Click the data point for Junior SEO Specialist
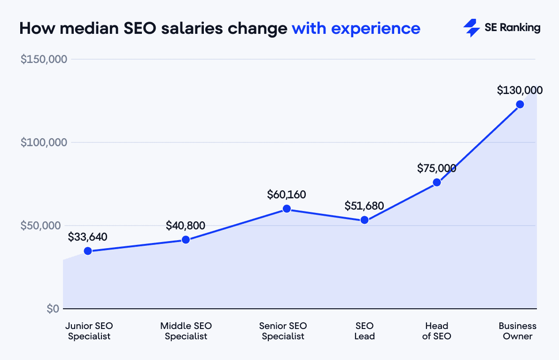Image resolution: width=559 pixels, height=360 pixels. (87, 251)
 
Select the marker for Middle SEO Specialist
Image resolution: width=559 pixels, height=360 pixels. (186, 240)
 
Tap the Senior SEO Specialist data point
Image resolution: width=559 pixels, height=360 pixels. (287, 209)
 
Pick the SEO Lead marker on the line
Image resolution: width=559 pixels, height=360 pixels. (364, 220)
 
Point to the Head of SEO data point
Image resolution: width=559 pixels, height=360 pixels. (436, 182)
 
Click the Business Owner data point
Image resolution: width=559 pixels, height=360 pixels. (520, 104)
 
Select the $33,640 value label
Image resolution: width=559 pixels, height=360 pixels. (87, 237)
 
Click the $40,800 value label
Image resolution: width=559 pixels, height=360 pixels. (186, 226)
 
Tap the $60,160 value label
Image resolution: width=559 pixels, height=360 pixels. (287, 194)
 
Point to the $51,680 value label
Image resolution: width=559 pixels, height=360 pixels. (364, 206)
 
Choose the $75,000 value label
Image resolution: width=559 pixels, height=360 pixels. (436, 168)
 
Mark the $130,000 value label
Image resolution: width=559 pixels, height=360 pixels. (520, 90)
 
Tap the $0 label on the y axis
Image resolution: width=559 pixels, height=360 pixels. (52, 309)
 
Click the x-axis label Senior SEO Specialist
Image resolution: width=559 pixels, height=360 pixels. (283, 331)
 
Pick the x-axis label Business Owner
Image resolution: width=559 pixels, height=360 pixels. (517, 331)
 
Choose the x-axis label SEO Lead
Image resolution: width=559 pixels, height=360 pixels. (365, 331)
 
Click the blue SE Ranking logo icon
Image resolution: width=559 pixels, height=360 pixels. (471, 28)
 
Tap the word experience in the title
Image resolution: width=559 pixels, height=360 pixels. (375, 29)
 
